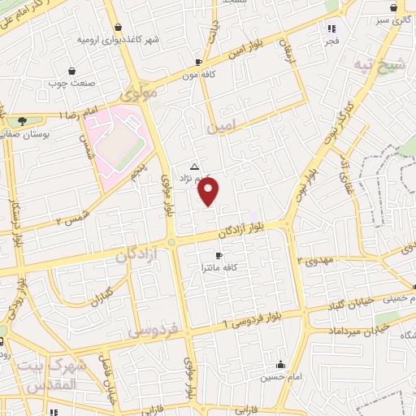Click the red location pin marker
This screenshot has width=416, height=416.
(209, 192)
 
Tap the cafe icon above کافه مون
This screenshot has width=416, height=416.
(198, 62)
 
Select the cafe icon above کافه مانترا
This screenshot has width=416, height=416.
(219, 255)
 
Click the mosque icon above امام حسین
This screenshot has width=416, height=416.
(280, 364)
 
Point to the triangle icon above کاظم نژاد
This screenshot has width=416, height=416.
(193, 167)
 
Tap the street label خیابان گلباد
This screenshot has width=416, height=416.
(366, 302)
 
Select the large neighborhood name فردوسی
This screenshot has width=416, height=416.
(155, 331)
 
